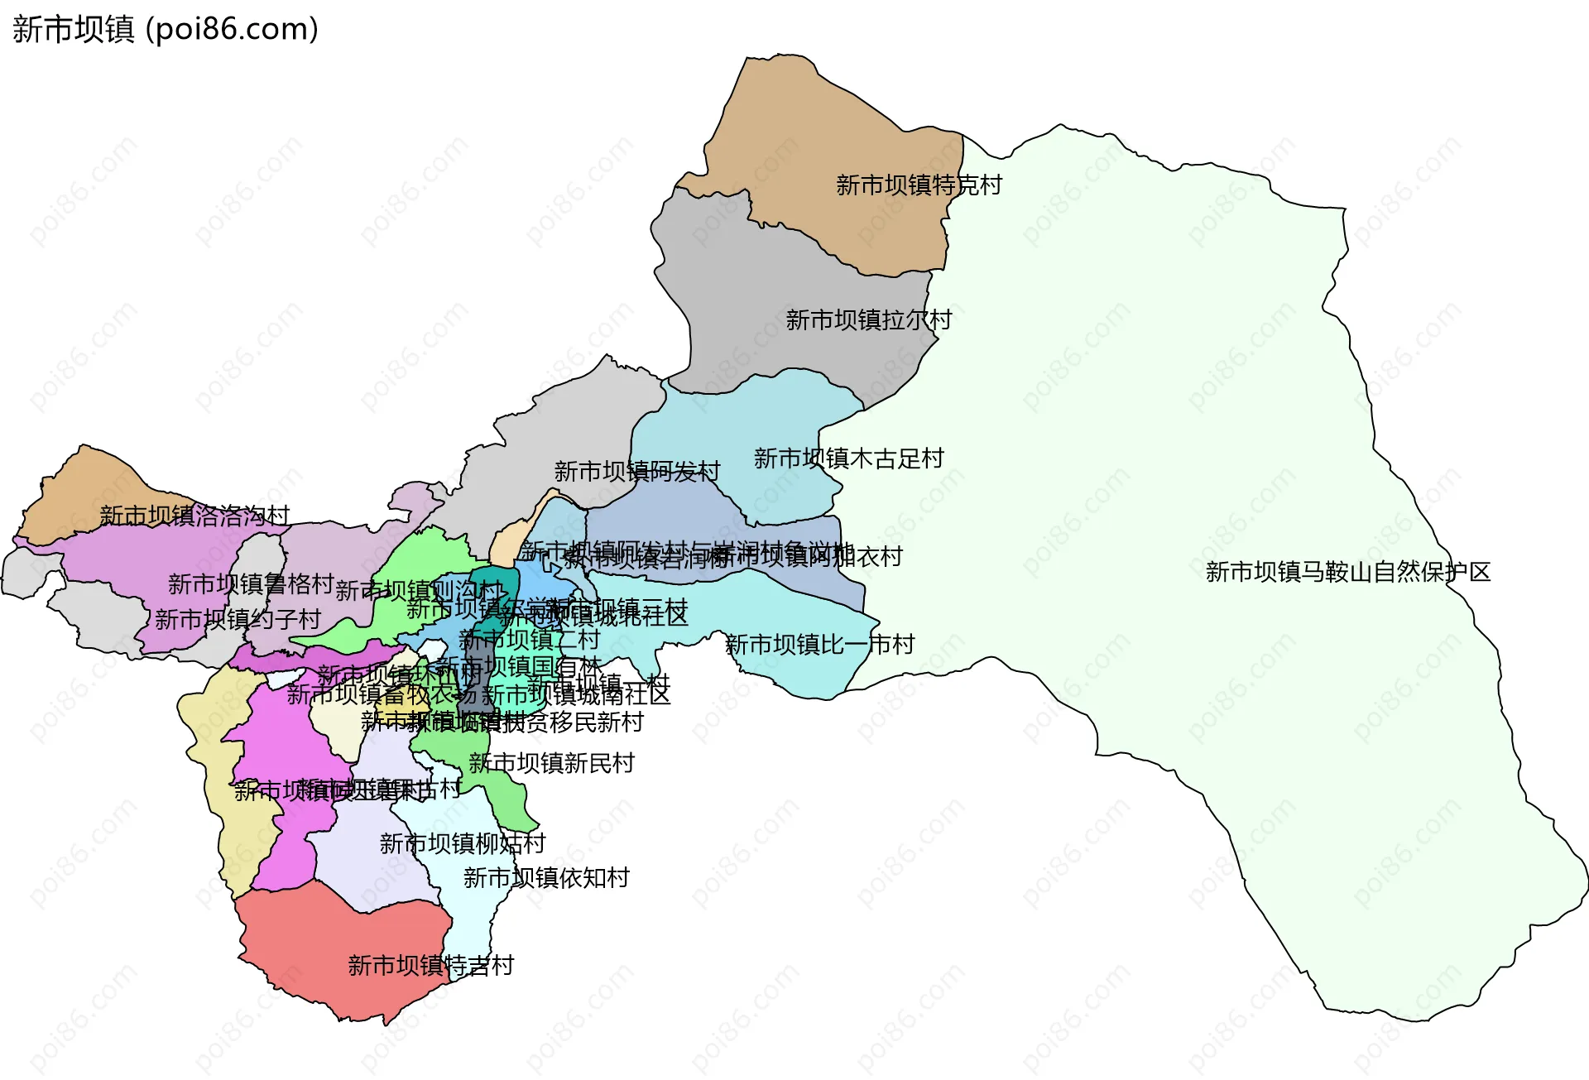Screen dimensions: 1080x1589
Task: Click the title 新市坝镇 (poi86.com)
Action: pyautogui.click(x=165, y=30)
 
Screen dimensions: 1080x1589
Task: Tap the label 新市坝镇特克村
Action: pyautogui.click(x=919, y=185)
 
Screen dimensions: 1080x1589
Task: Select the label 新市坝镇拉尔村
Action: pyautogui.click(x=868, y=319)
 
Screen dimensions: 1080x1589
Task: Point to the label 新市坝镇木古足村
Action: pyautogui.click(x=848, y=458)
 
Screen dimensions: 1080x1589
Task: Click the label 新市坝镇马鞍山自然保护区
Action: pyautogui.click(x=1347, y=572)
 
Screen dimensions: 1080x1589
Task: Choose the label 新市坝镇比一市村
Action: pyautogui.click(x=819, y=644)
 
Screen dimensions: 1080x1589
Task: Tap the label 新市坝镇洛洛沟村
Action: pyautogui.click(x=194, y=516)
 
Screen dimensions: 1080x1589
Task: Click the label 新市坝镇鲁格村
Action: pyautogui.click(x=251, y=583)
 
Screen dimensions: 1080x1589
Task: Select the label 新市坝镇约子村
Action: pyautogui.click(x=238, y=619)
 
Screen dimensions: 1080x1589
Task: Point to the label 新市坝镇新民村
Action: pyautogui.click(x=551, y=763)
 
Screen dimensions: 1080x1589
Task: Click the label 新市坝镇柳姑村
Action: pyautogui.click(x=463, y=843)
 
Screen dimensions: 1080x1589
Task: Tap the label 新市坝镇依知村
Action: pyautogui.click(x=546, y=877)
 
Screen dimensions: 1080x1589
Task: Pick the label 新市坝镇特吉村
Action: pyautogui.click(x=430, y=965)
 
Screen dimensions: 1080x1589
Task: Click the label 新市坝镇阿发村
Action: pyautogui.click(x=637, y=472)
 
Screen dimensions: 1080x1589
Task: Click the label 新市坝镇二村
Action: pyautogui.click(x=529, y=639)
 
